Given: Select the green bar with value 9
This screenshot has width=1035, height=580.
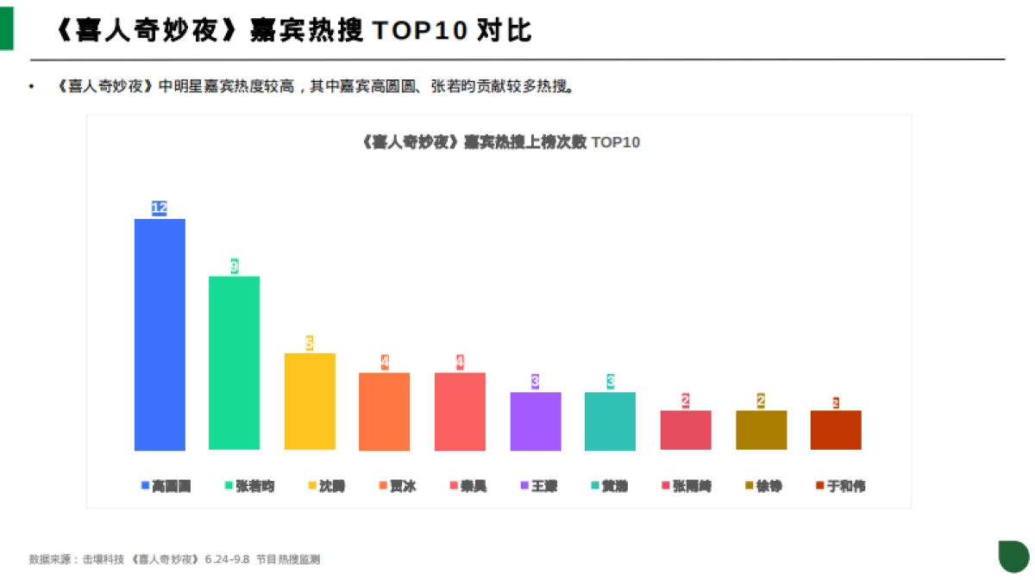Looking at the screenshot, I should pyautogui.click(x=234, y=363).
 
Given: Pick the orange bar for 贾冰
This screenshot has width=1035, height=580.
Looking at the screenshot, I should pyautogui.click(x=385, y=411).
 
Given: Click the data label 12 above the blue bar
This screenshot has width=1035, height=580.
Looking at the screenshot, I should pyautogui.click(x=159, y=208).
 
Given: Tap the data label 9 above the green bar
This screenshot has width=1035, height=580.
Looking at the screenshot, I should pyautogui.click(x=234, y=266).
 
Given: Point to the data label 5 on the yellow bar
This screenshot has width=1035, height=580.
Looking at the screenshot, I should pyautogui.click(x=309, y=343).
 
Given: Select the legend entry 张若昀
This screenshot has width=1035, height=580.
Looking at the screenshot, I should pyautogui.click(x=249, y=486).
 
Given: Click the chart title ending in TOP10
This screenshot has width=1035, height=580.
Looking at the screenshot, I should pyautogui.click(x=499, y=142).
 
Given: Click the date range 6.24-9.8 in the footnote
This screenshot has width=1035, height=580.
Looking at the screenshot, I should pyautogui.click(x=227, y=559).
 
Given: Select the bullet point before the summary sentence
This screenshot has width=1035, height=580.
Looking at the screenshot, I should pyautogui.click(x=32, y=86).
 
